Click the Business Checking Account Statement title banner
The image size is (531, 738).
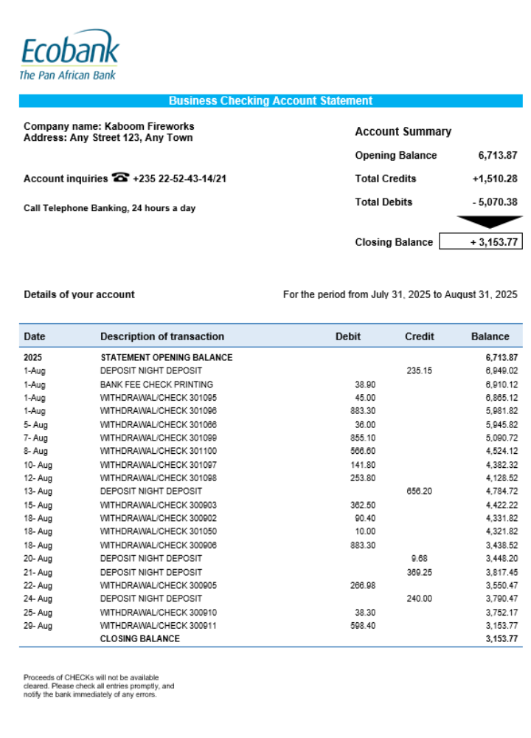[271, 101]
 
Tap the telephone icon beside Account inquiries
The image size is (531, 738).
[119, 178]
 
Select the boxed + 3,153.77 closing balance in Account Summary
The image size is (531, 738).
[481, 242]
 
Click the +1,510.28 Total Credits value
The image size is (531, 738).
[495, 179]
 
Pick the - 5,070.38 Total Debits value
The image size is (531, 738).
[495, 202]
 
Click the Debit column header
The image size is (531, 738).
[348, 337]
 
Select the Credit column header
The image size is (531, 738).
[419, 337]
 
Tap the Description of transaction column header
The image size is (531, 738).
[162, 337]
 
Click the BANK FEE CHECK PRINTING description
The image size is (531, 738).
[156, 384]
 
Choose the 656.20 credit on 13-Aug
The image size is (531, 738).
[419, 491]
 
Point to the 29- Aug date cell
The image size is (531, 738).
[38, 626]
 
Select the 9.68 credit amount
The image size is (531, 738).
[419, 559]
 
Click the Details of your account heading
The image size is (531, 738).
[79, 294]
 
